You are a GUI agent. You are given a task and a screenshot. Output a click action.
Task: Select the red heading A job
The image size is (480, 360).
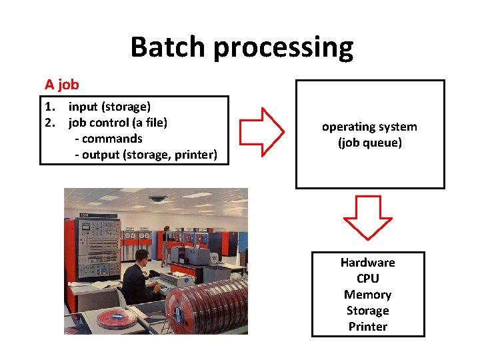click(x=61, y=85)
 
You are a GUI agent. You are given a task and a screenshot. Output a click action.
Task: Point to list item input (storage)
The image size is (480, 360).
click(x=109, y=107)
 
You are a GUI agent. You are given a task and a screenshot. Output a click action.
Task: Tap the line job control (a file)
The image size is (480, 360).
click(x=117, y=123)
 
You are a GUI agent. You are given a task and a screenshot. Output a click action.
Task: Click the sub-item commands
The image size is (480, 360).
click(x=111, y=139)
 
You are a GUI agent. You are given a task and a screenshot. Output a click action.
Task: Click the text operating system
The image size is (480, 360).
click(x=369, y=127)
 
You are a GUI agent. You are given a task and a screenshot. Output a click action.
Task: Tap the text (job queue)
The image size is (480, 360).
click(x=370, y=143)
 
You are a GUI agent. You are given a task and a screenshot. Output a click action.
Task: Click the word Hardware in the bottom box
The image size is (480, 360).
click(x=367, y=263)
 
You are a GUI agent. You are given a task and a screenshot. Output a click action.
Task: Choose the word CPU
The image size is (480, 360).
click(x=367, y=279)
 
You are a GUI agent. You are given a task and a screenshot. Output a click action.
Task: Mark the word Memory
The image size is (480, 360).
click(x=367, y=295)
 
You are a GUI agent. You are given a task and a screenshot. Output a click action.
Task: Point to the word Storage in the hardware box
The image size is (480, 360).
click(x=367, y=311)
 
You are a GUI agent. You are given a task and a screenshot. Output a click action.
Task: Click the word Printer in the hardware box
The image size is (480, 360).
click(x=367, y=327)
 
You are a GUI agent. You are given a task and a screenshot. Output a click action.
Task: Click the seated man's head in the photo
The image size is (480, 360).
click(x=141, y=255)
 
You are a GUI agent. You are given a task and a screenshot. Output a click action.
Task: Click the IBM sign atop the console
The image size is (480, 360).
click(x=85, y=215)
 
